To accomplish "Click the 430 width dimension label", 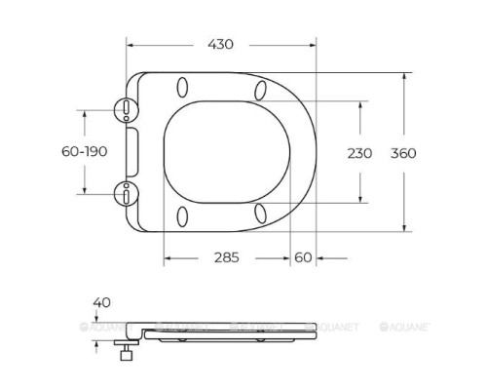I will (x=221, y=44).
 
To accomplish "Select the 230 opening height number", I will (x=360, y=153).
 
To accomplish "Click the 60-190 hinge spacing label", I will (x=83, y=153).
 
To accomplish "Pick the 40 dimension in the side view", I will (x=100, y=303).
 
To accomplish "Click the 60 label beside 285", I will (x=302, y=257).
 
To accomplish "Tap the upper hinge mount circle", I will (x=128, y=109).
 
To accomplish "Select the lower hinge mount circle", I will (x=128, y=193).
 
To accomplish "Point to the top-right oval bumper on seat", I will (x=262, y=91).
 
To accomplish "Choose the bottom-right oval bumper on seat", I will (x=262, y=213).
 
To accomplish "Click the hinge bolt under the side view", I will (x=126, y=352).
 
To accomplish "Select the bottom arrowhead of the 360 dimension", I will (x=407, y=227).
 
